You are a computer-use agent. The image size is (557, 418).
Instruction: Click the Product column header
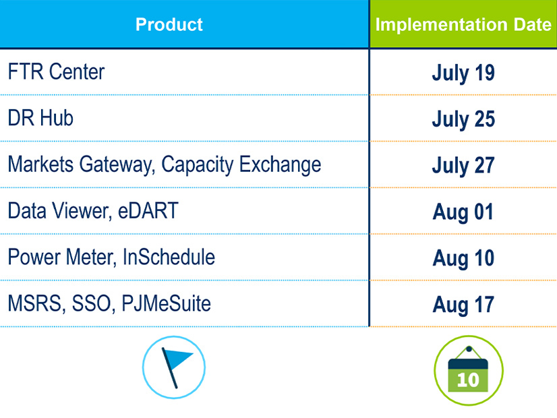tap(169, 24)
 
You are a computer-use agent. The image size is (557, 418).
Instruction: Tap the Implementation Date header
tap(463, 25)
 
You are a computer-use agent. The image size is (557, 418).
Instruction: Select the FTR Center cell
tap(56, 71)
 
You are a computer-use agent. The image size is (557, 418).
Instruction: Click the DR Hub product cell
tap(40, 118)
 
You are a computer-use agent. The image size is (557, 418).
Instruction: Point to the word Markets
tap(40, 164)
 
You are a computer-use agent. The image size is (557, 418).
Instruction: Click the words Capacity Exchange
tap(241, 165)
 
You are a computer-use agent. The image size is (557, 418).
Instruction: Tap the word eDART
tap(148, 210)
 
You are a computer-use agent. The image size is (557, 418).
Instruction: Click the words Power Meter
tap(62, 257)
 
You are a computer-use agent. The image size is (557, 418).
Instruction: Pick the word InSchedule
tap(169, 257)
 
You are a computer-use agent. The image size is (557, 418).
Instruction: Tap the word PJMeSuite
tap(167, 303)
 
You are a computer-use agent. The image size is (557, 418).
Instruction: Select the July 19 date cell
tap(463, 73)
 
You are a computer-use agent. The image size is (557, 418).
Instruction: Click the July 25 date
tap(463, 119)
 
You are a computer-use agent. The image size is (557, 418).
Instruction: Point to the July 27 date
tap(463, 166)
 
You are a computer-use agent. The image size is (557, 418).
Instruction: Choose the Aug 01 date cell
tap(463, 212)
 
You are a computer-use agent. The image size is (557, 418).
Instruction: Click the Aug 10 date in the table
tap(463, 258)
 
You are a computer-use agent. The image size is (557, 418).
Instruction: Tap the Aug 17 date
tap(463, 305)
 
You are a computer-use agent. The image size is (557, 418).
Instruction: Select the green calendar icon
tap(469, 370)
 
